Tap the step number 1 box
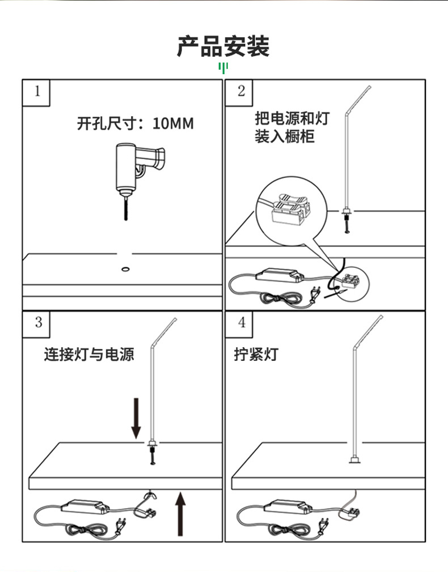point(37,92)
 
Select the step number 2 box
point(241,92)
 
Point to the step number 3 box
point(38,323)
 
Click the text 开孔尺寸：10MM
point(135,123)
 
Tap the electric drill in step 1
point(137,168)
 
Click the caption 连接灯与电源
point(89,355)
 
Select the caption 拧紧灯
point(256,355)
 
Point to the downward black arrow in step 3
point(136,418)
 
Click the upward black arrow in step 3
point(180,514)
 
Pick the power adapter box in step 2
point(279,276)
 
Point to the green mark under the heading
point(223,69)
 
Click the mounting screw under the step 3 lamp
point(152,455)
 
